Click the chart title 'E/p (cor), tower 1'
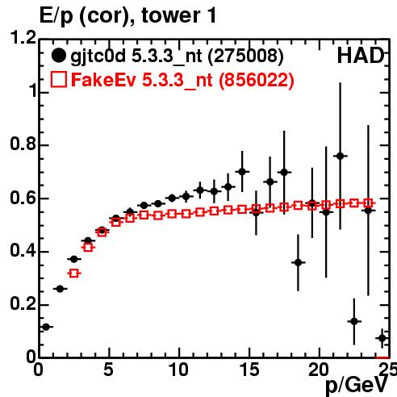[x=127, y=16]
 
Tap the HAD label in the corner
[x=361, y=56]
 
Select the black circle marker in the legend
[x=58, y=56]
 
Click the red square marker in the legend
[x=59, y=80]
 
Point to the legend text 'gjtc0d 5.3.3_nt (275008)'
[x=177, y=56]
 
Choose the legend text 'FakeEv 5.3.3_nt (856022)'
[x=182, y=80]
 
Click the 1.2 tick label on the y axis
[x=23, y=37]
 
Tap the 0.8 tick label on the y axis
[x=23, y=144]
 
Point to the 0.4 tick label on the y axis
[x=23, y=250]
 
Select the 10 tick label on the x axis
[x=178, y=370]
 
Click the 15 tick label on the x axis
[x=249, y=370]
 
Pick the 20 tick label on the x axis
[x=319, y=370]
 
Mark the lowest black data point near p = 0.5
[x=46, y=327]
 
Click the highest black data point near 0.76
[x=341, y=156]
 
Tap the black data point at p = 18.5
[x=298, y=262]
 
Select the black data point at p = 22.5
[x=354, y=321]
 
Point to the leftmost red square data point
[x=74, y=274]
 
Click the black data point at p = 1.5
[x=60, y=289]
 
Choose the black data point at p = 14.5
[x=242, y=172]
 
